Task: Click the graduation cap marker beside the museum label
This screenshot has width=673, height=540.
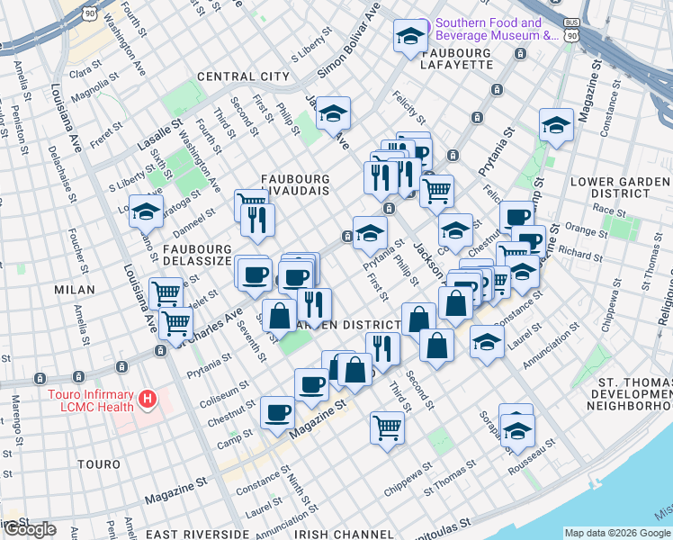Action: [x=410, y=37]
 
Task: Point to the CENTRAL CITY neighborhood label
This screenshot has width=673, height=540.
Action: [x=238, y=76]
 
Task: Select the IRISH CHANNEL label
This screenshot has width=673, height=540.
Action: [x=339, y=534]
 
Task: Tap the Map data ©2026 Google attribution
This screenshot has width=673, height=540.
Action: [x=616, y=533]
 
